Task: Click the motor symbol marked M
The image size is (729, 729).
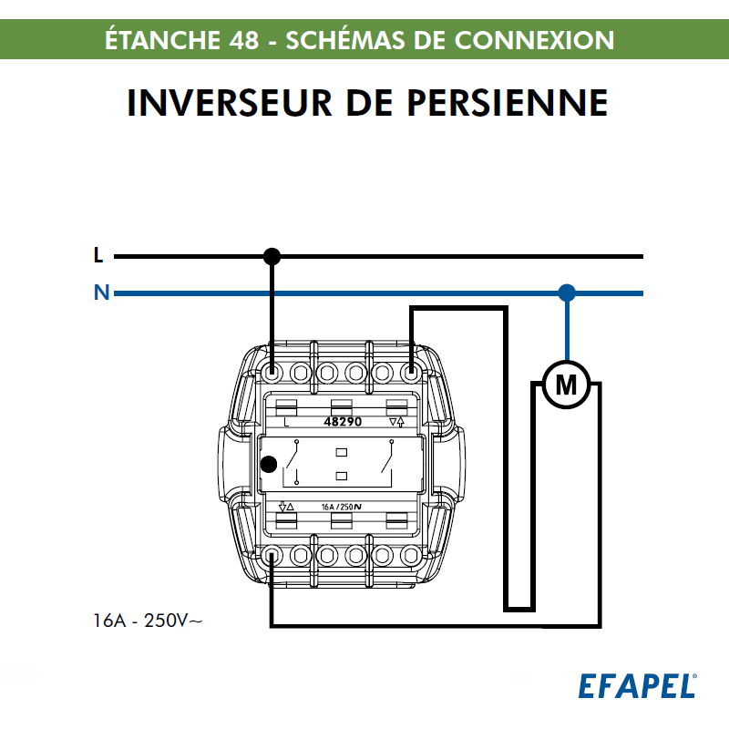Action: click(x=567, y=386)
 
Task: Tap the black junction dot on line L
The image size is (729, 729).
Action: click(x=272, y=256)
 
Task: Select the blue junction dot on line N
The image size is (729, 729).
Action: click(x=567, y=293)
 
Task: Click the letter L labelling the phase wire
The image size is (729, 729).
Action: click(x=98, y=256)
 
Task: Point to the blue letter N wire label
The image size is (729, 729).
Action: click(x=100, y=293)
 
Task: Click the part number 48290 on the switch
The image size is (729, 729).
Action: click(x=343, y=423)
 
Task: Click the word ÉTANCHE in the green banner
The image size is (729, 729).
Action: click(x=160, y=41)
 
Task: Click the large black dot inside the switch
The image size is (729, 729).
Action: click(x=269, y=465)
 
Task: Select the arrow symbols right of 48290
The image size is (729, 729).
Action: click(x=396, y=423)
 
